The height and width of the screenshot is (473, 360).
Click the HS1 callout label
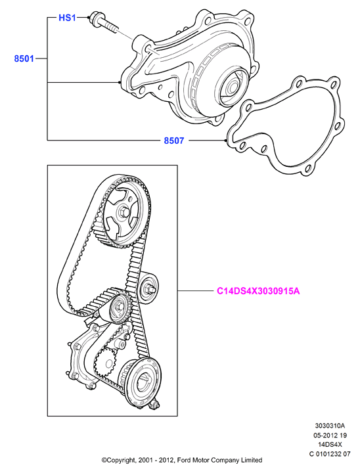click(67, 18)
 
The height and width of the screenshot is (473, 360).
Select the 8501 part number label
click(24, 58)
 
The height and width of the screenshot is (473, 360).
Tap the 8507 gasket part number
click(174, 141)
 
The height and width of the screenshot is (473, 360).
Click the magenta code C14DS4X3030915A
click(258, 291)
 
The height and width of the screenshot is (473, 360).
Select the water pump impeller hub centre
click(233, 87)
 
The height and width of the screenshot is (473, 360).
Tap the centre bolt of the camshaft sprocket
click(124, 212)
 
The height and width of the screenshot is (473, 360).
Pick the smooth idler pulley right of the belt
click(148, 288)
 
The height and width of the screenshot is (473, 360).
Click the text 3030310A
click(330, 426)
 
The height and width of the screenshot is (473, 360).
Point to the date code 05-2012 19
click(330, 435)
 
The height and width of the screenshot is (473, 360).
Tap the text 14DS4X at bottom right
click(330, 444)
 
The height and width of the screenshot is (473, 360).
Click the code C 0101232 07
click(330, 454)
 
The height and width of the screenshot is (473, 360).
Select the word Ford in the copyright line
click(184, 461)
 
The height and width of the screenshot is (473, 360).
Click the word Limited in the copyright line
click(252, 461)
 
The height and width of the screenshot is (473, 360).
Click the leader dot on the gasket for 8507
click(226, 141)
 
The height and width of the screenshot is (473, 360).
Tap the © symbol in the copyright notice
click(104, 461)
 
